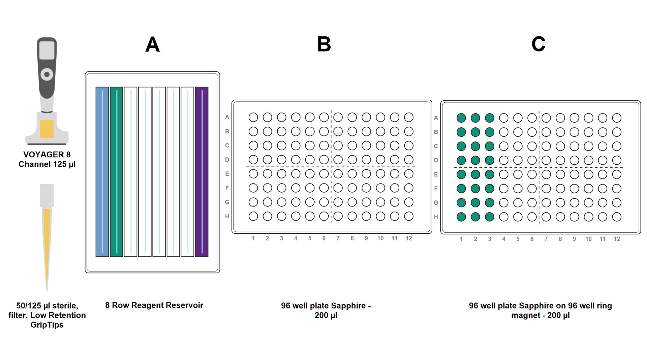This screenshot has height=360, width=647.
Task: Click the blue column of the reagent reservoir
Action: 102,172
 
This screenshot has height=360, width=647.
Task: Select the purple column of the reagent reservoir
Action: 202,172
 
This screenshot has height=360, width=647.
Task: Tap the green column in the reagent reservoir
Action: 116,172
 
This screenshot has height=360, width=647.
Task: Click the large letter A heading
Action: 152,44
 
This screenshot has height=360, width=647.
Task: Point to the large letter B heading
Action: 324,44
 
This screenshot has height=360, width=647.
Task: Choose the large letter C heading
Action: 538,44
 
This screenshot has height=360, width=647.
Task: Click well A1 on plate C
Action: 461,118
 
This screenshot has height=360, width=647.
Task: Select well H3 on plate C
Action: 489,217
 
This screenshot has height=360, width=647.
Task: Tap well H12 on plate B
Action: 409,216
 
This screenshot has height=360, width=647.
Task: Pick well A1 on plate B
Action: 253,117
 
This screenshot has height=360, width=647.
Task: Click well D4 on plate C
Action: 503,160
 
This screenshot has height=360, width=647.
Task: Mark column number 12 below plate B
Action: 409,238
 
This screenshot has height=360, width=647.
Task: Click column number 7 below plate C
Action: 546,239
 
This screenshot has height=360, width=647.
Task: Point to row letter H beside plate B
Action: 227,216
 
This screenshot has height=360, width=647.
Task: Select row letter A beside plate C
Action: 436,118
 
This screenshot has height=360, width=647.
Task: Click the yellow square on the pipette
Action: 47,129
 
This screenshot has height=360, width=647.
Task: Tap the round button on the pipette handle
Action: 47,74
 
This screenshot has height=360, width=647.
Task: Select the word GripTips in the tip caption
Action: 47,325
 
